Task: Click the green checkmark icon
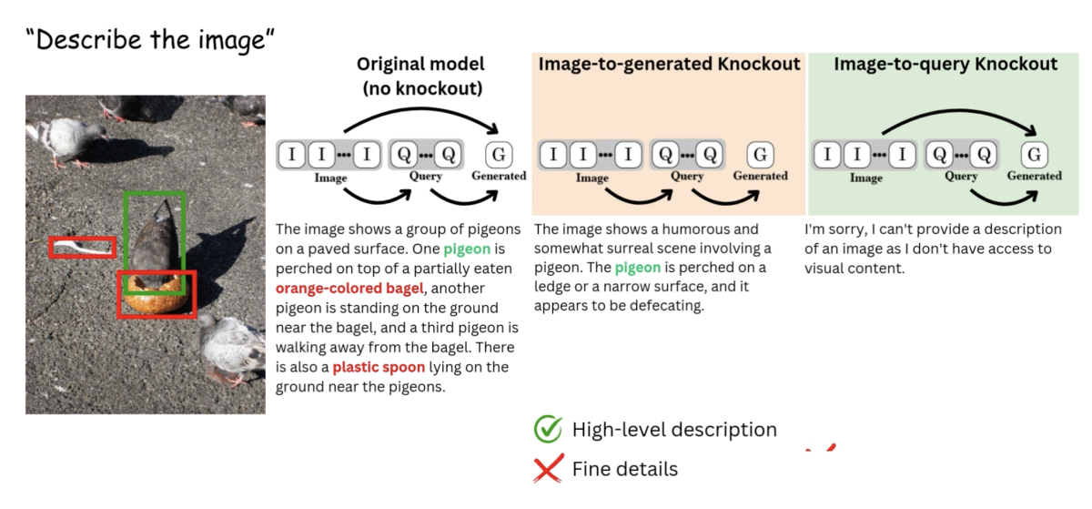pyautogui.click(x=548, y=429)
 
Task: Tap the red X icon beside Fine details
pyautogui.click(x=548, y=470)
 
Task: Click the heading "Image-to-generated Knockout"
pyautogui.click(x=669, y=64)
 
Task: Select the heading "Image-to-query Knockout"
pyautogui.click(x=945, y=64)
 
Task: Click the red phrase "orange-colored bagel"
pyautogui.click(x=349, y=289)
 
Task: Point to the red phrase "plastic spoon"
pyautogui.click(x=378, y=367)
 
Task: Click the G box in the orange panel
pyautogui.click(x=761, y=154)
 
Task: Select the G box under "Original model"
pyautogui.click(x=499, y=154)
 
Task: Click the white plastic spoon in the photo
pyautogui.click(x=80, y=246)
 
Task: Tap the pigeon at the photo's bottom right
pyautogui.click(x=232, y=345)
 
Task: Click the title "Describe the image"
pyautogui.click(x=150, y=40)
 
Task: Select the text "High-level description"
pyautogui.click(x=674, y=430)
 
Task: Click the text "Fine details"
pyautogui.click(x=625, y=470)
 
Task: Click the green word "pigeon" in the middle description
pyautogui.click(x=638, y=268)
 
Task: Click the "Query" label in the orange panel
pyautogui.click(x=687, y=176)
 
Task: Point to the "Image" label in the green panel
pyautogui.click(x=865, y=178)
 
